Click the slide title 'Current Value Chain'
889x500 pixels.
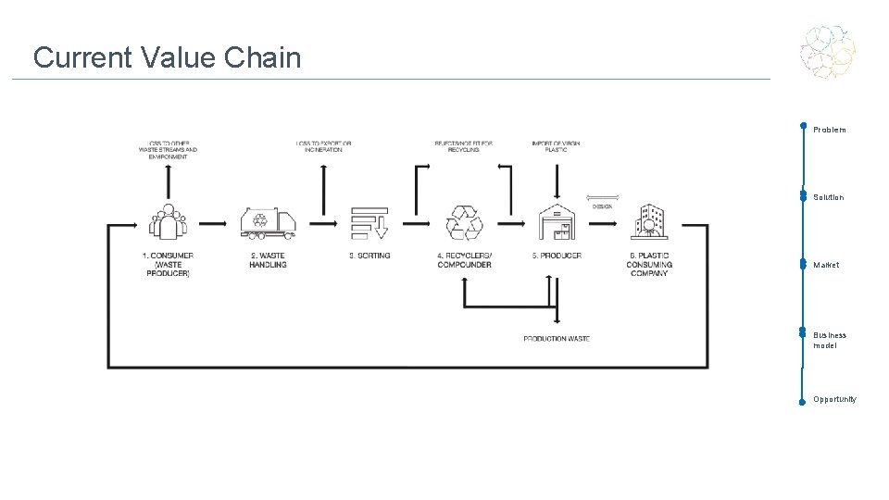(x=167, y=57)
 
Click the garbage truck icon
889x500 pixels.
(x=268, y=221)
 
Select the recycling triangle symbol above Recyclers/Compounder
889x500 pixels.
(x=464, y=223)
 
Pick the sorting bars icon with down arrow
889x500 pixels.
(x=369, y=222)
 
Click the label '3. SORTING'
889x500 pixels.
(x=369, y=256)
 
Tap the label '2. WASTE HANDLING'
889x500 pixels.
(x=268, y=260)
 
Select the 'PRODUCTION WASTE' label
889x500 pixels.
(x=557, y=339)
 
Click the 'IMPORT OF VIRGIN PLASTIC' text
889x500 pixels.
(x=556, y=146)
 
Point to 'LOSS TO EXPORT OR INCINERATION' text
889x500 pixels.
(x=323, y=146)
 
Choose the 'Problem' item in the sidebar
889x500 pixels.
(x=829, y=130)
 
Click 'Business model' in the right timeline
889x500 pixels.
(x=830, y=340)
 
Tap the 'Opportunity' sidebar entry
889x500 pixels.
(x=834, y=399)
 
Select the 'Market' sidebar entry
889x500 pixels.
(x=826, y=265)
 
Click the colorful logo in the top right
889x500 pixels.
(x=828, y=51)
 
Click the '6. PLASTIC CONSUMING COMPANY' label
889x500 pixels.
(x=649, y=265)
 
